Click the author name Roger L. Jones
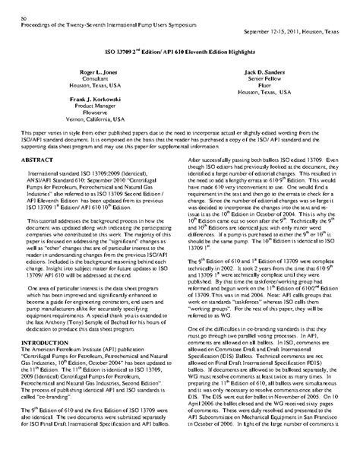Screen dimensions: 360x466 click(98, 71)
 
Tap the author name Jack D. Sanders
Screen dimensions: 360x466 click(264, 71)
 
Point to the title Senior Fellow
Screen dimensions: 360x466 click(264, 78)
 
